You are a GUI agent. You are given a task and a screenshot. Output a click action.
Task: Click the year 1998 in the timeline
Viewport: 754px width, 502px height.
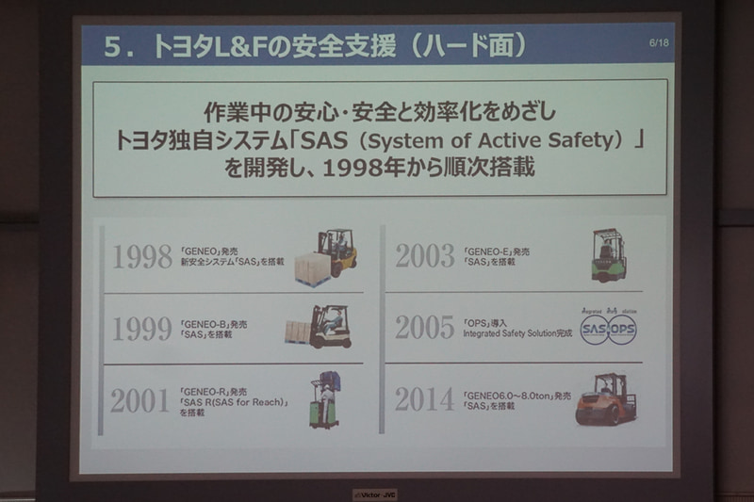(x=142, y=256)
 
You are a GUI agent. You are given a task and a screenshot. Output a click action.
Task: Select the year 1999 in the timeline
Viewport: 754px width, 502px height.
(x=142, y=328)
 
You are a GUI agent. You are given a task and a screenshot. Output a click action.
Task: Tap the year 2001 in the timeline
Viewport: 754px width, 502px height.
(x=140, y=400)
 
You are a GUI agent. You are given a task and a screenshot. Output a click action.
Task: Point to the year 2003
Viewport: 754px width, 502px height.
(x=425, y=255)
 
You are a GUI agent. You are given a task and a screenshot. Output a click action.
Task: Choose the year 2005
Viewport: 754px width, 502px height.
(x=425, y=327)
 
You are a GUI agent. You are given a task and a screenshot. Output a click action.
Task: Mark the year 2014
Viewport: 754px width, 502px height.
(x=424, y=399)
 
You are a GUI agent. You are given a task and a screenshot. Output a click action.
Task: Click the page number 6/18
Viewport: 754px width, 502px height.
(x=658, y=43)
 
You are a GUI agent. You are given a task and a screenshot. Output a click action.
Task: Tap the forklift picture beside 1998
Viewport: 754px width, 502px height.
(x=327, y=256)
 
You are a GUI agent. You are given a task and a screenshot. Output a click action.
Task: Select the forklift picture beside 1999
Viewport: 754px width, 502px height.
(x=320, y=327)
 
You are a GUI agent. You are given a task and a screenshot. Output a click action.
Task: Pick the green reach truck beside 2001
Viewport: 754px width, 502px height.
(x=325, y=400)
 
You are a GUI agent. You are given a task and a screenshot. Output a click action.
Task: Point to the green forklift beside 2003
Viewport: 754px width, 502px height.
(x=609, y=254)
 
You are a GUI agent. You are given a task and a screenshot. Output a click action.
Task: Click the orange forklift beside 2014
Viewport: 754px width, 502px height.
(x=606, y=398)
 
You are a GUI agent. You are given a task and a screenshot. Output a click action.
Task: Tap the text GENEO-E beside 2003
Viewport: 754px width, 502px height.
(x=490, y=251)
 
